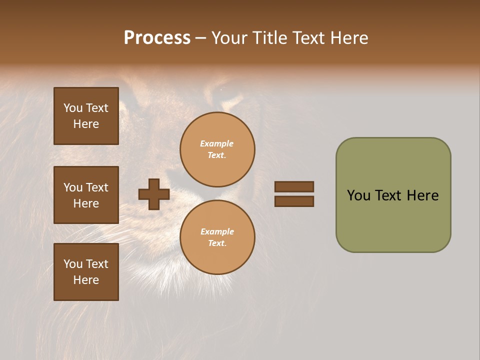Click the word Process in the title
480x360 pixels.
coord(157,38)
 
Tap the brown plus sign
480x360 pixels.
coord(154,194)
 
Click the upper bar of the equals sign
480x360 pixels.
coord(294,186)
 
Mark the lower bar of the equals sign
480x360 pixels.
coord(294,201)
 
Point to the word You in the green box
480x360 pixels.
coord(358,195)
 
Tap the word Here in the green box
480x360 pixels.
coord(422,195)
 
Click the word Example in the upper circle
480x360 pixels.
coord(217,143)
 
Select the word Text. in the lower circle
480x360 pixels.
coord(217,243)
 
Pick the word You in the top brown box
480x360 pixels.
coord(73,108)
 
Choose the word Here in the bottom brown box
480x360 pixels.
coord(86,280)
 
